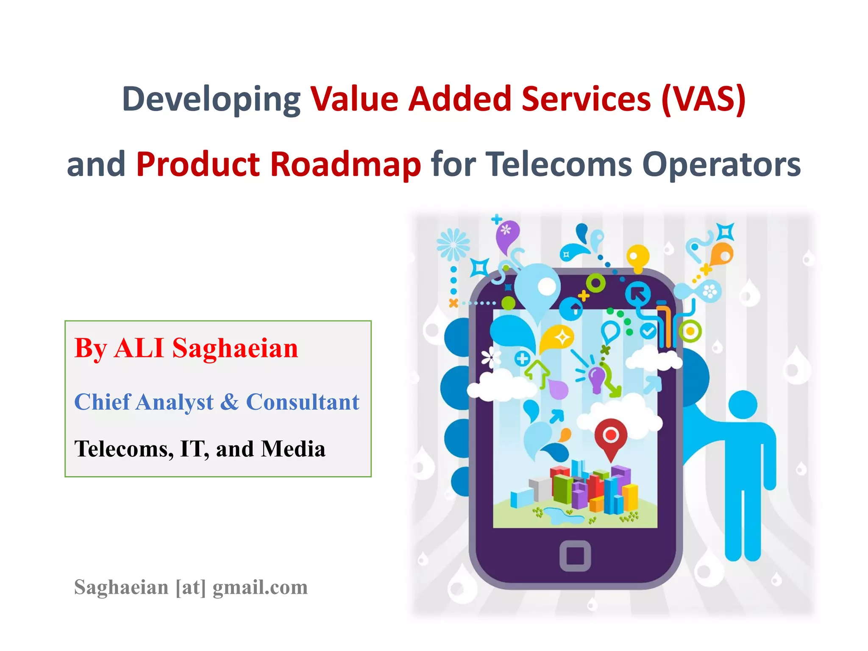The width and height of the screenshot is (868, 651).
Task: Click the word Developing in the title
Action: click(x=211, y=100)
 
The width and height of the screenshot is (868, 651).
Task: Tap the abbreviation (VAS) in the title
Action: click(x=703, y=100)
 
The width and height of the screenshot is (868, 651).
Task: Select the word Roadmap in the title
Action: click(x=345, y=164)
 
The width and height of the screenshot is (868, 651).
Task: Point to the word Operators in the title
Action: click(x=721, y=164)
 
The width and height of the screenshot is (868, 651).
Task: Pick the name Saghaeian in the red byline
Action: click(x=235, y=348)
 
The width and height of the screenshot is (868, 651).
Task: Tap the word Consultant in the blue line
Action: click(x=303, y=402)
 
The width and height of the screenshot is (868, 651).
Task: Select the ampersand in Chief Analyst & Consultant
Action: click(x=229, y=402)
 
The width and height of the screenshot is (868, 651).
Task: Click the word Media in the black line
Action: click(x=293, y=449)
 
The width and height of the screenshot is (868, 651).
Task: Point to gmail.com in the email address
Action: click(x=260, y=587)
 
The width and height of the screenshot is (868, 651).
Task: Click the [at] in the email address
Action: click(x=191, y=587)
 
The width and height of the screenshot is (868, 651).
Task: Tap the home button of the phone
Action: click(x=575, y=556)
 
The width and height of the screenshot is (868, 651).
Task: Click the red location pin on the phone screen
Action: click(x=610, y=437)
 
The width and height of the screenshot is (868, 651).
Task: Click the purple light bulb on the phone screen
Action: click(x=597, y=378)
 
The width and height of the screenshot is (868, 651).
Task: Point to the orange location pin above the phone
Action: click(x=721, y=254)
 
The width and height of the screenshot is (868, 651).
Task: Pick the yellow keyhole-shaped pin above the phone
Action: click(x=637, y=257)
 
